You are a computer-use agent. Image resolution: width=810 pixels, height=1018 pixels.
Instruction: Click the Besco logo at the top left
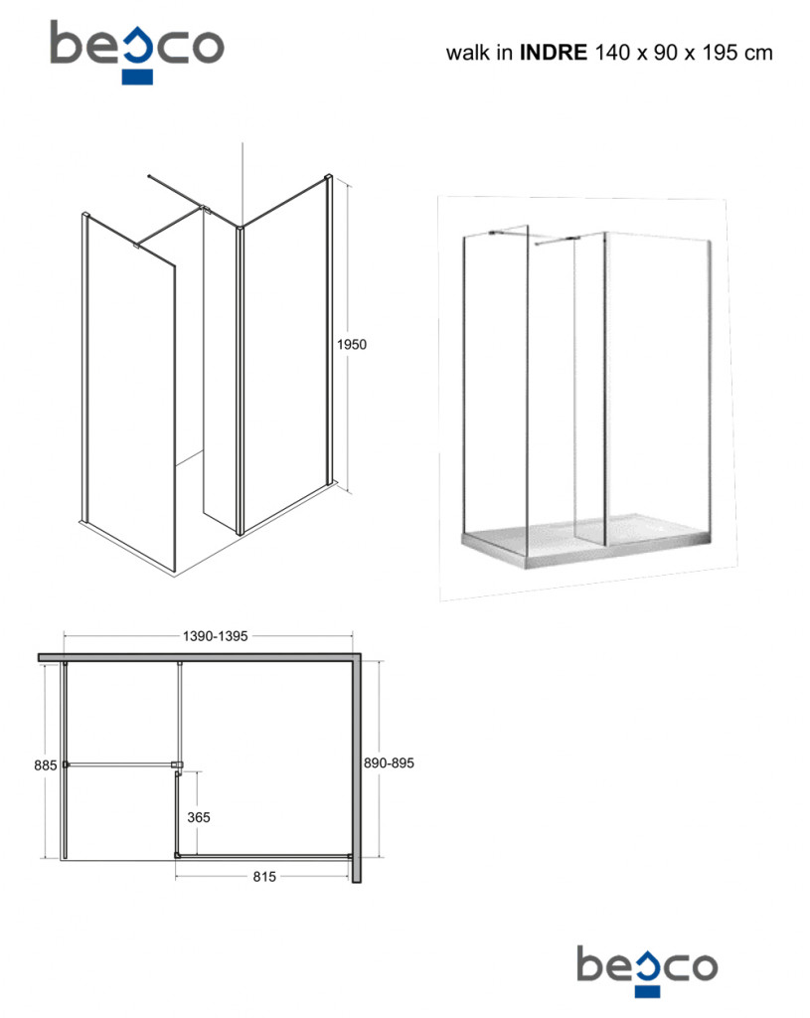pyautogui.click(x=137, y=52)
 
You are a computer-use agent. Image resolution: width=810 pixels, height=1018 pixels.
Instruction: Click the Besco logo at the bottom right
pyautogui.click(x=647, y=971)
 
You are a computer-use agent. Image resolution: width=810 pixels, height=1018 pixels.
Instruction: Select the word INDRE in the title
pyautogui.click(x=553, y=52)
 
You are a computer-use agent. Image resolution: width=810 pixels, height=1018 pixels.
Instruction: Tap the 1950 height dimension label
pyautogui.click(x=351, y=345)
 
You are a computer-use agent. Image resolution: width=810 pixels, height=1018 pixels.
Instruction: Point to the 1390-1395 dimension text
pyautogui.click(x=215, y=636)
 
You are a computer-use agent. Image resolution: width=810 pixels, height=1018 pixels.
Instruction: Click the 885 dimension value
pyautogui.click(x=46, y=765)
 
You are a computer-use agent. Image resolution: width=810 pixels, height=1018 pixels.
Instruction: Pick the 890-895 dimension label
pyautogui.click(x=389, y=763)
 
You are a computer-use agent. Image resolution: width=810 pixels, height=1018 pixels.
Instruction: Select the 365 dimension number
pyautogui.click(x=199, y=817)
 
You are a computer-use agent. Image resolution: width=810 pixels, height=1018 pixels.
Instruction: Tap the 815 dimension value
pyautogui.click(x=264, y=877)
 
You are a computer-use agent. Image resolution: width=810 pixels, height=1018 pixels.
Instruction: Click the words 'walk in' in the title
pyautogui.click(x=479, y=53)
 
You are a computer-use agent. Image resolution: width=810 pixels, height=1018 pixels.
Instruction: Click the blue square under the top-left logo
pyautogui.click(x=137, y=78)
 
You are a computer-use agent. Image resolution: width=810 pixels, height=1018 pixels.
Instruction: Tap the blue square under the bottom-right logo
pyautogui.click(x=647, y=991)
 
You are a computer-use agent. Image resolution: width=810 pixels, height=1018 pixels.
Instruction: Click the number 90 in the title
pyautogui.click(x=665, y=53)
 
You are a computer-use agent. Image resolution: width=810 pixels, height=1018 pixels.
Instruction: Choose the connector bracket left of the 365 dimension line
pyautogui.click(x=177, y=765)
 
